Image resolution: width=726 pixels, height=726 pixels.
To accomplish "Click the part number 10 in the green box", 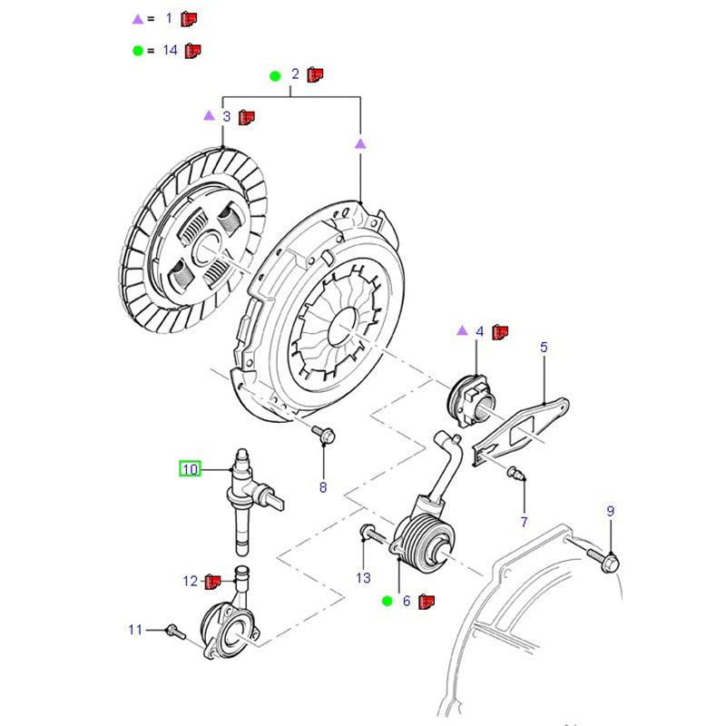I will (190, 469).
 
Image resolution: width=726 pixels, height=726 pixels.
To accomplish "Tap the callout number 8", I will (322, 488).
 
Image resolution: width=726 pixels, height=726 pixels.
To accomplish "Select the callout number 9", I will (610, 512).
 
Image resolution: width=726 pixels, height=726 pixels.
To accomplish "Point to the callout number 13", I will (363, 577).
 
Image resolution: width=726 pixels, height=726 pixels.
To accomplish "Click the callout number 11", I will (135, 629).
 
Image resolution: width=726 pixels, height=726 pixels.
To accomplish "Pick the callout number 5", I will (544, 347).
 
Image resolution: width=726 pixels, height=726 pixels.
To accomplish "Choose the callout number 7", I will (524, 521).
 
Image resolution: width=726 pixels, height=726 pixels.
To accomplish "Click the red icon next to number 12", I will (213, 581).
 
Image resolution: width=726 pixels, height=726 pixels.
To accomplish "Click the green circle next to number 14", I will (137, 50).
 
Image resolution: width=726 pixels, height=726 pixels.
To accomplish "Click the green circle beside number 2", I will (275, 76).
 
